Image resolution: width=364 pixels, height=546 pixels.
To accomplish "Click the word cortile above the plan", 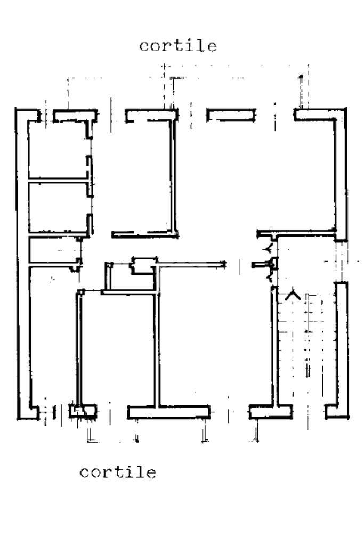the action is click(x=178, y=46).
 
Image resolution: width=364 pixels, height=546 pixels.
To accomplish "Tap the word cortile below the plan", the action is click(x=118, y=472).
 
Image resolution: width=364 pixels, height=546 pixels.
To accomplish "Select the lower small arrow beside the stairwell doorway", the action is click(x=269, y=278).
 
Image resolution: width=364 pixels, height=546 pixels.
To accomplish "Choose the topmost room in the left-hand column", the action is click(x=58, y=150).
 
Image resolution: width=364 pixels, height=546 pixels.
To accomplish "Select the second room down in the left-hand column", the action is click(x=58, y=207).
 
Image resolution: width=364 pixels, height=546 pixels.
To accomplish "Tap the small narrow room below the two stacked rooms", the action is click(x=54, y=250).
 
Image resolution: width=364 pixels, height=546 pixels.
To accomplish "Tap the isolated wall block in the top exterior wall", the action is click(x=231, y=115).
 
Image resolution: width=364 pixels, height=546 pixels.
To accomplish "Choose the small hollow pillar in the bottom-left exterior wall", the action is click(x=83, y=411).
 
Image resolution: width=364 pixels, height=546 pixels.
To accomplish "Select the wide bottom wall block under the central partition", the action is click(x=168, y=412).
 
